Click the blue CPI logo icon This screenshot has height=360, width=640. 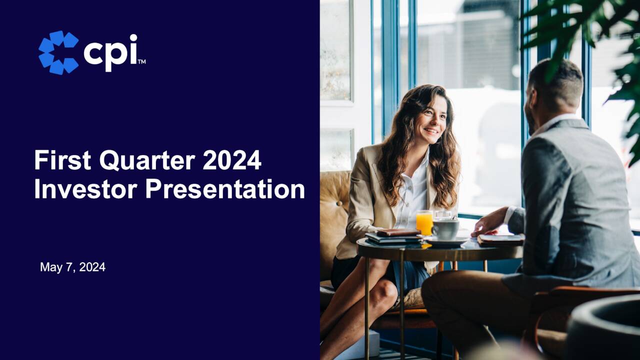pos(58,52)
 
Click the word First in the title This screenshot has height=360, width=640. pos(62,161)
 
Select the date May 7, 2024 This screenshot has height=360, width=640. pos(72,267)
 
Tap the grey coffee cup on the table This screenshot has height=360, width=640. pos(445,229)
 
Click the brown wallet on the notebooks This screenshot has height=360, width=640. pos(397,232)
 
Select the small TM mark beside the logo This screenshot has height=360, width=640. pos(141,62)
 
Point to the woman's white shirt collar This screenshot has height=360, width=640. pos(421,165)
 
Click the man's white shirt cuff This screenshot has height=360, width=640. pos(508,215)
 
